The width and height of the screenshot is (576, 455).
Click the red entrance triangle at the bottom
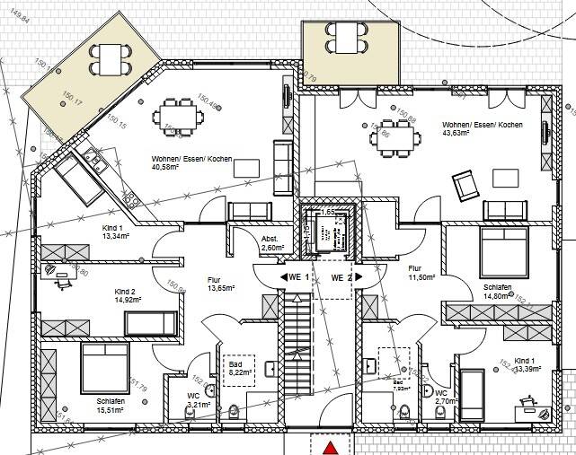pos(332,447)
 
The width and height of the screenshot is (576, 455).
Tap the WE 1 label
pos(298,278)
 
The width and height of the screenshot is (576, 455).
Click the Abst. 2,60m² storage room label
pos(272,243)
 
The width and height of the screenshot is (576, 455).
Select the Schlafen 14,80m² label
pos(497,291)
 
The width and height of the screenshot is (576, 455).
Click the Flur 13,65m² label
pos(220,284)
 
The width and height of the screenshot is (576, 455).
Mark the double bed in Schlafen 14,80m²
pos(504,249)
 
